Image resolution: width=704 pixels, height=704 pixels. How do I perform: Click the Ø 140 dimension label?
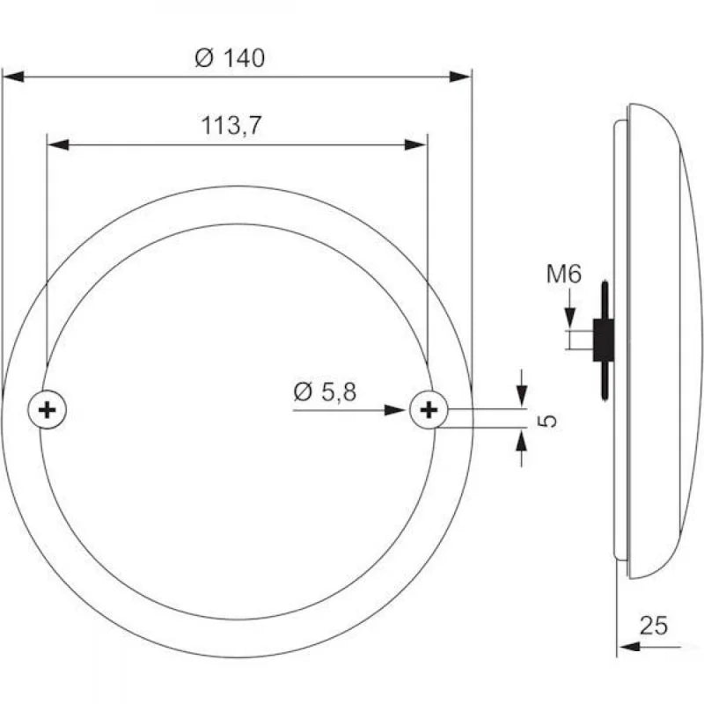pyautogui.click(x=229, y=58)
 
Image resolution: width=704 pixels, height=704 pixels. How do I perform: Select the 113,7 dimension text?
pyautogui.click(x=231, y=126)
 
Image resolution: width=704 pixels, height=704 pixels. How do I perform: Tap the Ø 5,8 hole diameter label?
pyautogui.click(x=325, y=392)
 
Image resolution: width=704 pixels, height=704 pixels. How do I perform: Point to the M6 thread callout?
pyautogui.click(x=563, y=275)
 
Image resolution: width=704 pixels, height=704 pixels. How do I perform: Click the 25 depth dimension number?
pyautogui.click(x=653, y=626)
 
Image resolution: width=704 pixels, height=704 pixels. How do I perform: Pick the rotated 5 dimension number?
pyautogui.click(x=547, y=420)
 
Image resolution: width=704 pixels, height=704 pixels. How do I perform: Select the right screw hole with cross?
pyautogui.click(x=429, y=409)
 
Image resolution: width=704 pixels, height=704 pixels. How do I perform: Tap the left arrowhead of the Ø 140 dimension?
pyautogui.click(x=14, y=77)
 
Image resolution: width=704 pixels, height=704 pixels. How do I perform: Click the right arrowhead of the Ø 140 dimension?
pyautogui.click(x=461, y=77)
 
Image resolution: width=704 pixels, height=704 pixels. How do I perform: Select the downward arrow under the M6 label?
pyautogui.click(x=570, y=318)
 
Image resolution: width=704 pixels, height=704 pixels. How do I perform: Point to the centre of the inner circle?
pyautogui.click(x=238, y=422)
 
